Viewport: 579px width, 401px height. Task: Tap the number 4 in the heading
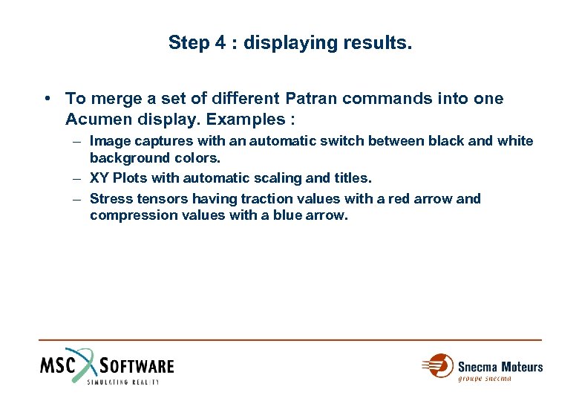(220, 42)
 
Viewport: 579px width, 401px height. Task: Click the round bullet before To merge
(47, 99)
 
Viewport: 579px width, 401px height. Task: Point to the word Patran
(308, 98)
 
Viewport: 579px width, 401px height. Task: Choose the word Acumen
(94, 119)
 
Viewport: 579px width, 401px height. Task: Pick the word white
(515, 141)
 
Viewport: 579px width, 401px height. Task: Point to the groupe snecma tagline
(485, 379)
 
